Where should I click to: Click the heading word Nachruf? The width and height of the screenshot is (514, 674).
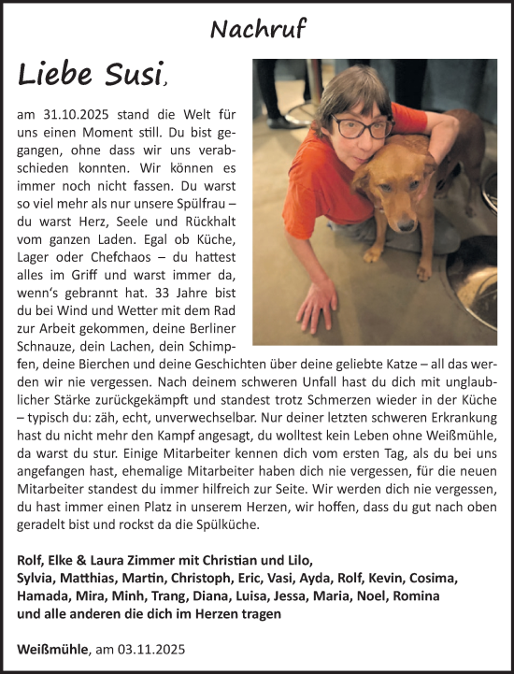point(257,29)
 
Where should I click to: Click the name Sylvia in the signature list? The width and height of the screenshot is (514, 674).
point(37,578)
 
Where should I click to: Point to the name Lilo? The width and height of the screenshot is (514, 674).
point(290,560)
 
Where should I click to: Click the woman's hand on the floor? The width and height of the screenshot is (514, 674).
point(315,305)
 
